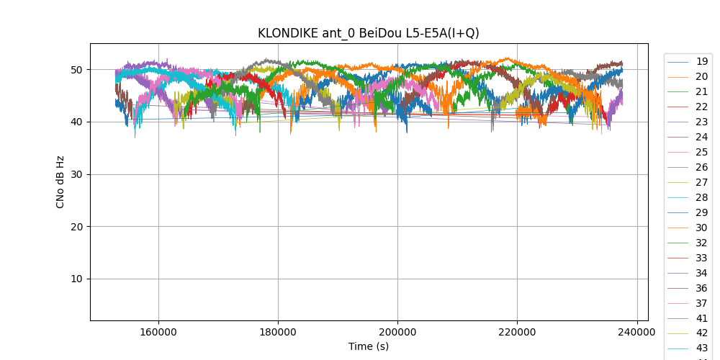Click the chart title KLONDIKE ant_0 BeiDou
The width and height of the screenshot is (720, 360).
click(369, 33)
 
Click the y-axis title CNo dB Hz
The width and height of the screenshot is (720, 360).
click(60, 182)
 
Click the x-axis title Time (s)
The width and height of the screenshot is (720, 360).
click(369, 346)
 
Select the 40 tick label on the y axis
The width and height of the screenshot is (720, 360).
click(76, 122)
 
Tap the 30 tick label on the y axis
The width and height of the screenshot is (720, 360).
click(76, 174)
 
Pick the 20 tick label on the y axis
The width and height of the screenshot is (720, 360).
click(76, 227)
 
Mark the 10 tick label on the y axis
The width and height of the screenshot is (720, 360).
click(76, 279)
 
